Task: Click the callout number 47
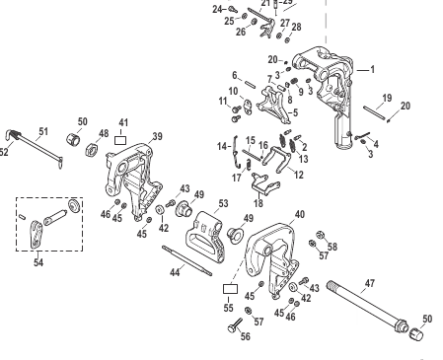370,283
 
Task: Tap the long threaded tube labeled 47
368,306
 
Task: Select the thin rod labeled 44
186,260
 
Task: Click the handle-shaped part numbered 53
206,238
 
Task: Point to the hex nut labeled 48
92,150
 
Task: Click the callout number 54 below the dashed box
38,262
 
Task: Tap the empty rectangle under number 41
120,141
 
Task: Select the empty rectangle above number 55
230,289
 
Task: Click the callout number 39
158,136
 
